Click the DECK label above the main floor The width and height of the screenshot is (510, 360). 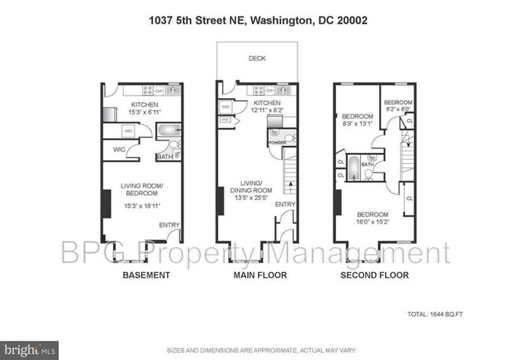click(x=257, y=58)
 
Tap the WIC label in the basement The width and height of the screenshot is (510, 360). click(x=120, y=148)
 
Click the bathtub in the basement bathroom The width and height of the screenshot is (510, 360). click(x=169, y=130)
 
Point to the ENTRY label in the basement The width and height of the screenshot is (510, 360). click(x=169, y=225)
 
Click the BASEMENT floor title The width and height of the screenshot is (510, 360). click(x=146, y=275)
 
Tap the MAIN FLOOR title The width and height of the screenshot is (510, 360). click(x=259, y=275)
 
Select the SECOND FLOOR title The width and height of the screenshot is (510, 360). click(x=374, y=275)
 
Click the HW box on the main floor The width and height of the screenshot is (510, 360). click(x=225, y=119)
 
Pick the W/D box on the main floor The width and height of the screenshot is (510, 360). click(x=225, y=106)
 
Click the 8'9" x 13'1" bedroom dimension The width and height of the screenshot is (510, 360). click(x=357, y=122)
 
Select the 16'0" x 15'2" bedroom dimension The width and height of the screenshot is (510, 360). click(x=373, y=221)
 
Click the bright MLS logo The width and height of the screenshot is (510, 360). click(x=30, y=346)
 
